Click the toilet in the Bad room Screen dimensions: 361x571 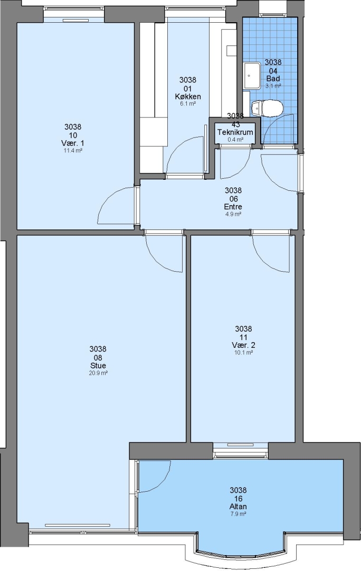click(x=267, y=108)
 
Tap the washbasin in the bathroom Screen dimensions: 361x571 click(x=252, y=76)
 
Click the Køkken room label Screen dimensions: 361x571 click(x=187, y=97)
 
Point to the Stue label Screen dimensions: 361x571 click(x=98, y=365)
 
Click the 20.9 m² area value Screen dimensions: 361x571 click(x=98, y=373)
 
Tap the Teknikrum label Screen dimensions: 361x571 click(x=235, y=132)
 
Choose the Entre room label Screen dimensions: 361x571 click(x=233, y=207)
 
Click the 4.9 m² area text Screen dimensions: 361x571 click(x=233, y=214)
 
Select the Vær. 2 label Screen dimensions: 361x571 click(x=244, y=345)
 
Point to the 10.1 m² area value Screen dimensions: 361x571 click(x=244, y=353)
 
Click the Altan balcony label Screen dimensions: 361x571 click(x=238, y=506)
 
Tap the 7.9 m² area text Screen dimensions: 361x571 click(x=238, y=514)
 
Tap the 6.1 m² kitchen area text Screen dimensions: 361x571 click(x=187, y=104)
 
